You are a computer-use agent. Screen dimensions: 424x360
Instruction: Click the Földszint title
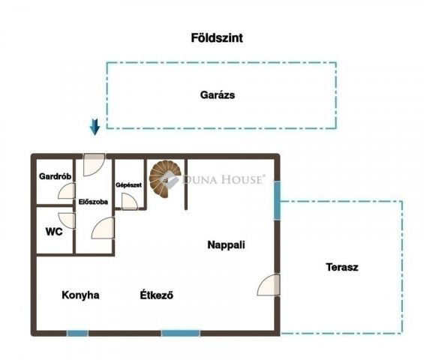click(217, 37)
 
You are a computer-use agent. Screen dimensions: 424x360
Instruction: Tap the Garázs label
click(218, 95)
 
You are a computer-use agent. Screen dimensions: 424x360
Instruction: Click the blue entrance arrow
click(95, 127)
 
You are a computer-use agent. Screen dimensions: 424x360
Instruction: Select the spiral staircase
click(165, 178)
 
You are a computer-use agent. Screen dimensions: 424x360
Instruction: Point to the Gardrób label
click(56, 176)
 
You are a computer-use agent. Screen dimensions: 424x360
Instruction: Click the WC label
click(54, 232)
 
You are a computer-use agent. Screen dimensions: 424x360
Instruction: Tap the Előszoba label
click(93, 202)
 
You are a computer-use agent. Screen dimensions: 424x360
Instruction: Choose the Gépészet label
click(129, 185)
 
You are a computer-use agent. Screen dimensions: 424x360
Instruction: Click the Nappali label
click(227, 244)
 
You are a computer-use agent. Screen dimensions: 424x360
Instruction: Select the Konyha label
click(80, 295)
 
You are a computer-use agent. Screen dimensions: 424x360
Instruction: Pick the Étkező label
click(157, 295)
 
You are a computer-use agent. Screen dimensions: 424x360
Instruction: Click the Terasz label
click(342, 267)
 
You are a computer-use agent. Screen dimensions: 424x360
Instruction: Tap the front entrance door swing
click(94, 164)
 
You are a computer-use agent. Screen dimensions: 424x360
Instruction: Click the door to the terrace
click(268, 285)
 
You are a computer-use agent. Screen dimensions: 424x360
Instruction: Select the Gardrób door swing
click(67, 190)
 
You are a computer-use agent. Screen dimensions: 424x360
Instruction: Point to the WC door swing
click(67, 220)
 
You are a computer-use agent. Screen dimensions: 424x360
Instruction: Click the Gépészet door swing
click(130, 202)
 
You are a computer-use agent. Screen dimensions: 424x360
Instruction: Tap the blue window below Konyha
click(77, 333)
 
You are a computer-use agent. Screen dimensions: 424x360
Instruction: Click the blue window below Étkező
click(181, 333)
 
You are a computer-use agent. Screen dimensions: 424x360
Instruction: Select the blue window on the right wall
click(277, 200)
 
